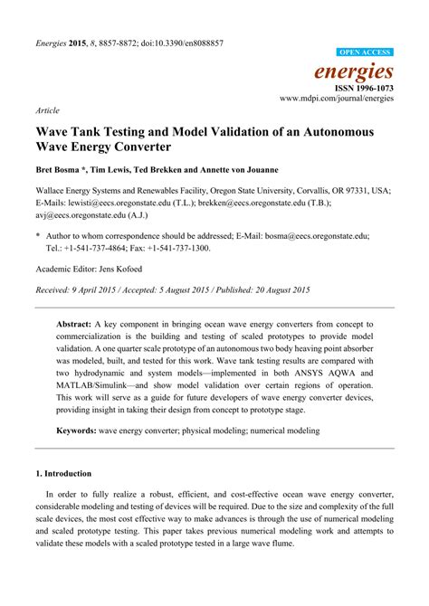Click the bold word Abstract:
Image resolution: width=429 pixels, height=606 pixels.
coord(79,322)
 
